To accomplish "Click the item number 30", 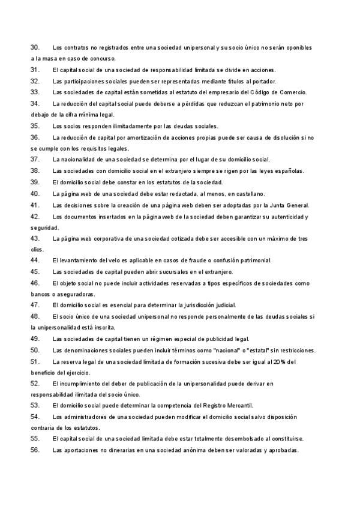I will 35,47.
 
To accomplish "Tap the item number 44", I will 35,261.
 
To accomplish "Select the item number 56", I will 35,451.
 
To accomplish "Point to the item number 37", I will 35,160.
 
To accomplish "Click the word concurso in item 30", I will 102,58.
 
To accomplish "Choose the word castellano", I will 249,193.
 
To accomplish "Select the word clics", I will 37,249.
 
